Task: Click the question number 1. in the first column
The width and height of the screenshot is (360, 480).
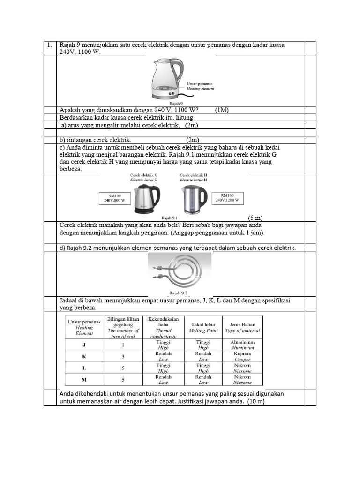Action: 49,45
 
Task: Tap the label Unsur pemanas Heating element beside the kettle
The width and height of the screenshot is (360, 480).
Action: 200,85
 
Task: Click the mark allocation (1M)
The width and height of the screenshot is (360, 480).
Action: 222,110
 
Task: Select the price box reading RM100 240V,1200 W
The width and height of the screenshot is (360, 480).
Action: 228,198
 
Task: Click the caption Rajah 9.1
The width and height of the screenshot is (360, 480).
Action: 169,217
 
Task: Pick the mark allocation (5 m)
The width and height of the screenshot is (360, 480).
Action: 255,217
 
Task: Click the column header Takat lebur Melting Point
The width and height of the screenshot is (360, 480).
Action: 203,327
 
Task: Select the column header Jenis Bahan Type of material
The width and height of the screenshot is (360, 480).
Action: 242,327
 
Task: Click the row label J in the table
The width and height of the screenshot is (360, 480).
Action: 84,345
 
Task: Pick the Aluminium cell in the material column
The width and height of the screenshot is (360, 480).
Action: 242,345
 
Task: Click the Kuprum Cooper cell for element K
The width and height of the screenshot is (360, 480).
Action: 242,356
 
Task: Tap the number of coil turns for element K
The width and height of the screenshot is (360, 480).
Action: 123,356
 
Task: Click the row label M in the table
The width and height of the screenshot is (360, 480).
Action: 84,379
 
